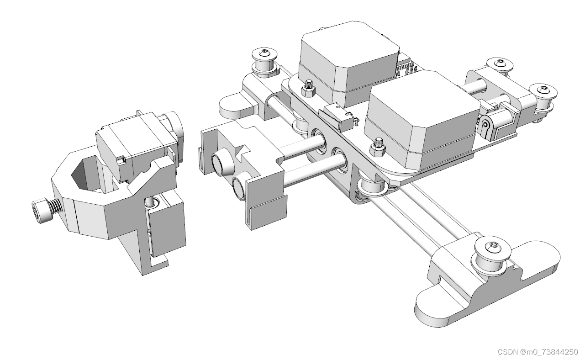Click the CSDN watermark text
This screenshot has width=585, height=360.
(538, 352)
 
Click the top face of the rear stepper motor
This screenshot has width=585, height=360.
(350, 43)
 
